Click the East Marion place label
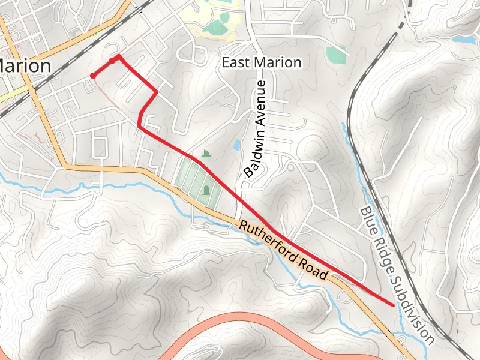click(262, 62)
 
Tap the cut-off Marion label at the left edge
click(25, 65)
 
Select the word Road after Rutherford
click(316, 270)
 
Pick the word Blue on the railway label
click(368, 221)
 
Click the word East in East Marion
click(236, 62)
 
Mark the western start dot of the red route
click(93, 75)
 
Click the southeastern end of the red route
click(393, 305)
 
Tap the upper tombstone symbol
click(207, 154)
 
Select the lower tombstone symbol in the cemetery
click(207, 191)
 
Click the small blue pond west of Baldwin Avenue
click(237, 145)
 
